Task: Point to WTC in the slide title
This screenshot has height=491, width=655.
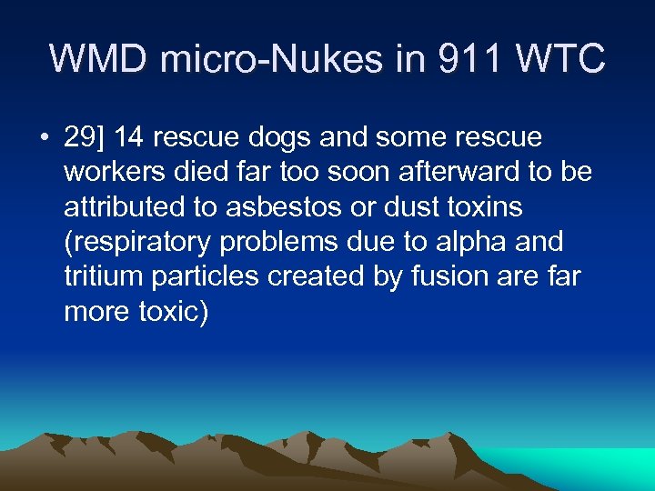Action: click(560, 58)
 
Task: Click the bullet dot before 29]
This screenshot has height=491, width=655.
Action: click(43, 138)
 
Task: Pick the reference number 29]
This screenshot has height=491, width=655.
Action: click(85, 138)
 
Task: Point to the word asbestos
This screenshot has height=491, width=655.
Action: click(274, 207)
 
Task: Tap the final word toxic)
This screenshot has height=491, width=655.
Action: click(170, 311)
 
